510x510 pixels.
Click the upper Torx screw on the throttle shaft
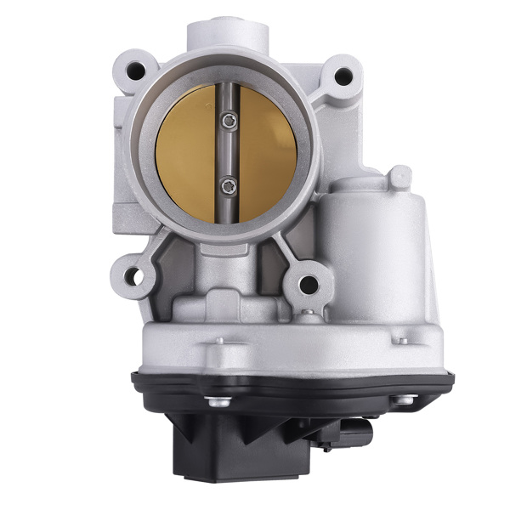[x=227, y=122]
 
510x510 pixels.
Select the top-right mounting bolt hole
[x=343, y=76]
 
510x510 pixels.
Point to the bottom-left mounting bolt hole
[x=133, y=275]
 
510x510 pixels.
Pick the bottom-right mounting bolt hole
[x=309, y=284]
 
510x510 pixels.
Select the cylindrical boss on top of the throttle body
[x=227, y=32]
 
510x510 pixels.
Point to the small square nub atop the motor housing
[x=399, y=177]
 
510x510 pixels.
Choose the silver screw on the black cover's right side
[x=407, y=399]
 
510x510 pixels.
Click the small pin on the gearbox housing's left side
[x=219, y=340]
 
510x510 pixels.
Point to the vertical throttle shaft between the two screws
[x=227, y=153]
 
